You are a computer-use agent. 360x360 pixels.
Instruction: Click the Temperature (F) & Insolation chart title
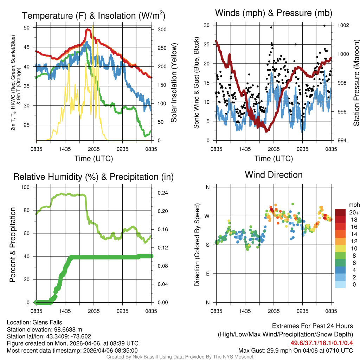94,15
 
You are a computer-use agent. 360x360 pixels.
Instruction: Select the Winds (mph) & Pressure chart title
274,13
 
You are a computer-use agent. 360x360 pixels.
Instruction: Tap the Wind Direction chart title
274,175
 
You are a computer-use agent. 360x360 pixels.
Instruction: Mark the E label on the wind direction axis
207,274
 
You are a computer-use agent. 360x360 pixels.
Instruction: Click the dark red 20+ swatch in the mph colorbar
340,212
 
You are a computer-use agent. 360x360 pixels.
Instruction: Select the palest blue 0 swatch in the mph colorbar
340,285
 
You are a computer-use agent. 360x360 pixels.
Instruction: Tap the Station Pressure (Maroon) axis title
356,83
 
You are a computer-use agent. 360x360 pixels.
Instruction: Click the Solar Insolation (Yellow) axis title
174,83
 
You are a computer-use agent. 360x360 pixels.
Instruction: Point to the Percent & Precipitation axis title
12,245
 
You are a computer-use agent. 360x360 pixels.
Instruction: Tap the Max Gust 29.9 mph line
295,350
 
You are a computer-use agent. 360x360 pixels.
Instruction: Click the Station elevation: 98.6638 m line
44,329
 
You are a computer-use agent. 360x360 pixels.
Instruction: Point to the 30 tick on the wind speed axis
207,25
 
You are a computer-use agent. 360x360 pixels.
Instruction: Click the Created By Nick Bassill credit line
180,357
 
